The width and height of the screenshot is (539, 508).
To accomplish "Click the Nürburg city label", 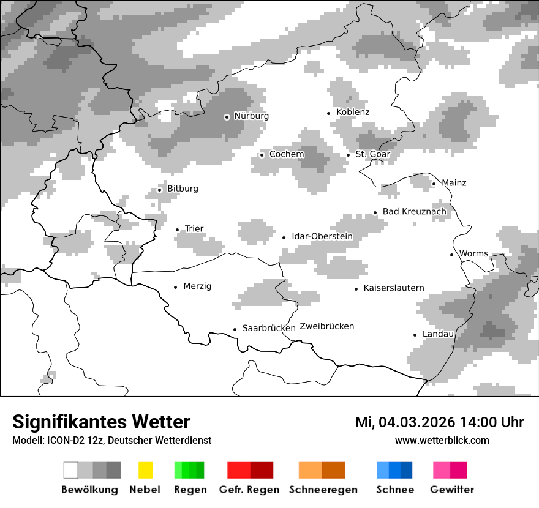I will pyautogui.click(x=251, y=116).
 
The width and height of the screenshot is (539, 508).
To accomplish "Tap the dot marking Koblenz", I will pyautogui.click(x=329, y=113).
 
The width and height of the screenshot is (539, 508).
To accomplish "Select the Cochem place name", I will pyautogui.click(x=287, y=154).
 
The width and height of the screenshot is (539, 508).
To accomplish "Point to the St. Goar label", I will pyautogui.click(x=372, y=154).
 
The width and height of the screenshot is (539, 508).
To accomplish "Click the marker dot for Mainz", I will pyautogui.click(x=434, y=184).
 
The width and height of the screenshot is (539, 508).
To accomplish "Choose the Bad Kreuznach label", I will pyautogui.click(x=414, y=212).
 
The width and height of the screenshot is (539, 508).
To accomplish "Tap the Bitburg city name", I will pyautogui.click(x=183, y=189).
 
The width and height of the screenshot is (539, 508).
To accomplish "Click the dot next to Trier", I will pyautogui.click(x=177, y=230).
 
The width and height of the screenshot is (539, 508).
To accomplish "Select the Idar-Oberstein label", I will pyautogui.click(x=322, y=236).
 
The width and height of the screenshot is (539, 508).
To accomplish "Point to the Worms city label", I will pyautogui.click(x=473, y=253).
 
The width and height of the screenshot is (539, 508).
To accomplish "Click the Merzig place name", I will pyautogui.click(x=197, y=286).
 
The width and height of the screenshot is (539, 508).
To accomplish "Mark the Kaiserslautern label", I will pyautogui.click(x=393, y=288).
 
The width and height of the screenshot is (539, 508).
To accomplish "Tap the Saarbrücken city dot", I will pyautogui.click(x=235, y=329).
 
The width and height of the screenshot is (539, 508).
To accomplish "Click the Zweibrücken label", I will pyautogui.click(x=327, y=326).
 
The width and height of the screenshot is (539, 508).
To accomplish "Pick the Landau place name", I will pyautogui.click(x=438, y=334).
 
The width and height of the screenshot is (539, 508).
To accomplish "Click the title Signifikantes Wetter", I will pyautogui.click(x=101, y=422).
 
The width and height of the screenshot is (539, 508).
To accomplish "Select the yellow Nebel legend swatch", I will pyautogui.click(x=145, y=470).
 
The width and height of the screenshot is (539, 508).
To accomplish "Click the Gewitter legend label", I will pyautogui.click(x=452, y=490).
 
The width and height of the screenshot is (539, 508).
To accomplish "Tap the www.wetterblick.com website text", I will pyautogui.click(x=442, y=440).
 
